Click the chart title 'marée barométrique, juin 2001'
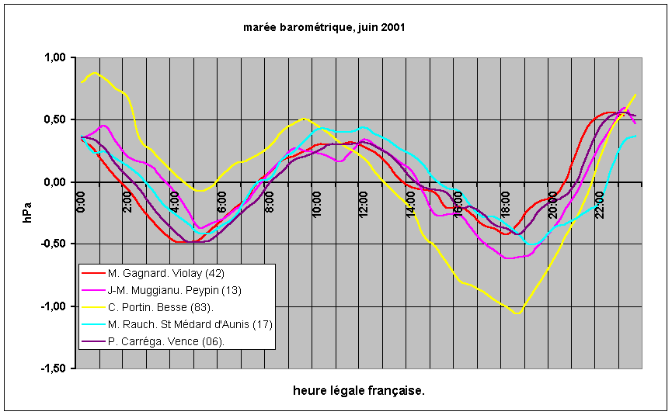point(324,27)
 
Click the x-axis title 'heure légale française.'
point(359,390)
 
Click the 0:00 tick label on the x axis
point(82,201)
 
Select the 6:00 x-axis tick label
point(223,201)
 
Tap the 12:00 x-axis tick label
point(364,202)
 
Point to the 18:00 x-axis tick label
point(505,202)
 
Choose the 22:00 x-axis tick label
point(600,202)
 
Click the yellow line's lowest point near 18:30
point(517,313)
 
